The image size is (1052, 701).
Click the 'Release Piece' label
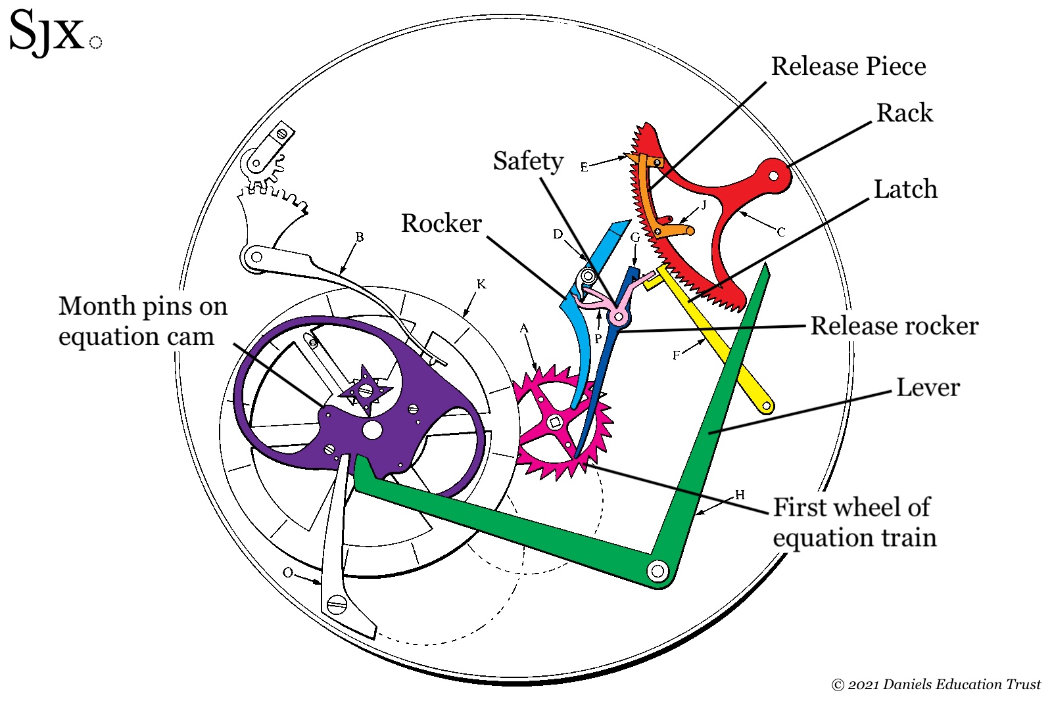tap(848, 66)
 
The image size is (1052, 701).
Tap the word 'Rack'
tap(904, 113)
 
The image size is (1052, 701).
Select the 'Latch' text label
tap(905, 189)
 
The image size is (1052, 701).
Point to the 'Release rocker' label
tap(894, 326)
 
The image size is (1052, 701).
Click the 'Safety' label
tap(528, 161)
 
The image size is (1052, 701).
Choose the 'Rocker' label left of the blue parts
tap(441, 223)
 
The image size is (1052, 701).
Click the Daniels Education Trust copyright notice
tap(936, 685)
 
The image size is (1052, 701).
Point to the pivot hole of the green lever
tap(657, 571)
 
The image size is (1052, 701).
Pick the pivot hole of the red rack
tap(774, 175)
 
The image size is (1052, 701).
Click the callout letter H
tap(740, 495)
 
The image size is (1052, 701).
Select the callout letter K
tap(481, 284)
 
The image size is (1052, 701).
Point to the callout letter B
tap(359, 237)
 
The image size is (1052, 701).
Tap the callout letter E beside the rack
tap(584, 167)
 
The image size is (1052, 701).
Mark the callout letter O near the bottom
tap(288, 572)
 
